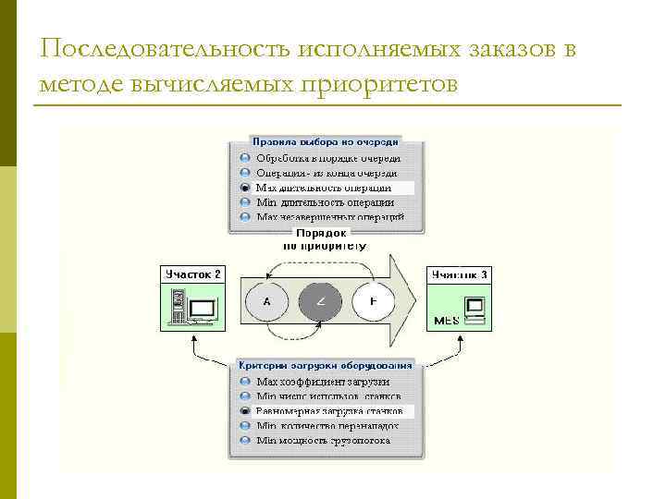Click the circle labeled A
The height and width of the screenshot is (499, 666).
[x=267, y=301]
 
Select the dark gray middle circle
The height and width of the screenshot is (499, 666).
[x=321, y=301]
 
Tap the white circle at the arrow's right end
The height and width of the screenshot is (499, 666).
[x=374, y=301]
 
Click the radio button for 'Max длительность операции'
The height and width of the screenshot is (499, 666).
[x=245, y=188]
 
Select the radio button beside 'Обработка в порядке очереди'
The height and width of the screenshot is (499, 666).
[x=245, y=158]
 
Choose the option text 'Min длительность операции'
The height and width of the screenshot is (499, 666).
[x=325, y=202]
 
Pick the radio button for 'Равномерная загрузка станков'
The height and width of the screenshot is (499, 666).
[x=245, y=410]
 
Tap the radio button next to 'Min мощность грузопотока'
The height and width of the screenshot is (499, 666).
[x=245, y=440]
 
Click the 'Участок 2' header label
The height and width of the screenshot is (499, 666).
[x=192, y=274]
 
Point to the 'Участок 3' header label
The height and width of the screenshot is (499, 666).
[x=459, y=274]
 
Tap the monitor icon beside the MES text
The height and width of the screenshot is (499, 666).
[x=475, y=306]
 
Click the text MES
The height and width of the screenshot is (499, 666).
[x=447, y=321]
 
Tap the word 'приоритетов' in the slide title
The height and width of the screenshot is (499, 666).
[x=378, y=85]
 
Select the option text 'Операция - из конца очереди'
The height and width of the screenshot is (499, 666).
[x=327, y=173]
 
